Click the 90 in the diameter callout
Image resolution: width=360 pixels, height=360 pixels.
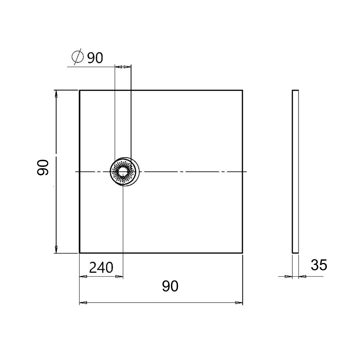point(95,58)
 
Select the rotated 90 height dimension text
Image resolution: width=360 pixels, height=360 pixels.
point(43,167)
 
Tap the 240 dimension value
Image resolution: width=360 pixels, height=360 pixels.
point(101,268)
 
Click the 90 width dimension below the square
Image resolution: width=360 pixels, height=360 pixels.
point(170,286)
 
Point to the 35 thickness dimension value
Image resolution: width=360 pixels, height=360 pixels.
point(319,265)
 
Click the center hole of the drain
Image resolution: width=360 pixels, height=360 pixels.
point(123,172)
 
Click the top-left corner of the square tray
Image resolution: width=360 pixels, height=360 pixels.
point(80,90)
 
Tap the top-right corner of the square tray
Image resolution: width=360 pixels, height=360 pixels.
point(242,90)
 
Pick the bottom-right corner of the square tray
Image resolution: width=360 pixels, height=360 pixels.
point(242,253)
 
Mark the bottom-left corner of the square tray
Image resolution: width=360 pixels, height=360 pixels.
point(80,253)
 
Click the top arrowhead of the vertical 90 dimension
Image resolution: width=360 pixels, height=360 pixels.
point(56,94)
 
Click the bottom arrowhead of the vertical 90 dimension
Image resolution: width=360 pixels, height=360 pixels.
point(56,249)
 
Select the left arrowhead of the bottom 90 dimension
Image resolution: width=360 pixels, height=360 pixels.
point(83,302)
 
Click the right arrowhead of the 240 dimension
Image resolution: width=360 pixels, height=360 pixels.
point(119,277)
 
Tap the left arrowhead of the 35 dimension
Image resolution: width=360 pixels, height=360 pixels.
point(288,276)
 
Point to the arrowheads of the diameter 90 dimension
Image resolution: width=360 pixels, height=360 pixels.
point(123,67)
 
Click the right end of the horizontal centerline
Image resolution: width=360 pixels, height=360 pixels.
point(246,172)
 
